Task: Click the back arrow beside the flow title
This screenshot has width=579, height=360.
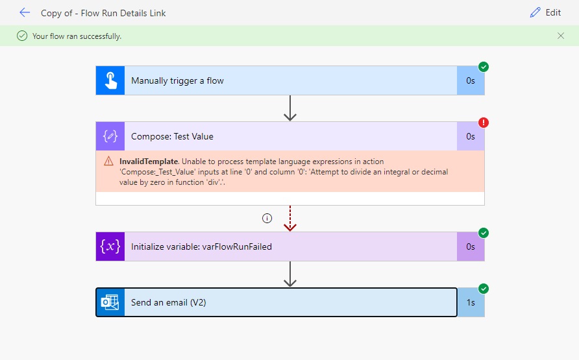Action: coord(25,12)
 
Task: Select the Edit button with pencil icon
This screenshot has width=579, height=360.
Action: coord(545,12)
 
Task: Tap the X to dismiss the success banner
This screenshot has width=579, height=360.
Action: coord(561,36)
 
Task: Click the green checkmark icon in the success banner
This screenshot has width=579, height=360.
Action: coord(22,36)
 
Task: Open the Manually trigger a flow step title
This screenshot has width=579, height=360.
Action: coord(177,81)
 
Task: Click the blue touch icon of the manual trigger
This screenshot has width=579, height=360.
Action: coord(110,81)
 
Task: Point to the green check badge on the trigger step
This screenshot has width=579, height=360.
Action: coord(483,67)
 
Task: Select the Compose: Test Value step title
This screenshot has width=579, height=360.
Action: coord(172,136)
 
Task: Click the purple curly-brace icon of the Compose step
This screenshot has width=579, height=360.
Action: coord(110,136)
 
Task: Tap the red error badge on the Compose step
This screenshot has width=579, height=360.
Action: coord(483,122)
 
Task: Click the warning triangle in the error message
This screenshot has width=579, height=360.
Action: coord(108,162)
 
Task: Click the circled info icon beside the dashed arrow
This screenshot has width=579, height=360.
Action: coord(267,219)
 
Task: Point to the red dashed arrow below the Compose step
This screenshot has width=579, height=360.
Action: coord(290,218)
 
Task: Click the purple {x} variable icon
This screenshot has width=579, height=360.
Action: coord(110,246)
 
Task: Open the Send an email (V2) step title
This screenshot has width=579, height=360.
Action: coord(168,302)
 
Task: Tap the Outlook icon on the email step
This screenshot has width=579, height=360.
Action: coord(110,302)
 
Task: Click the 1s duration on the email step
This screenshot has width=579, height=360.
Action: coord(471,302)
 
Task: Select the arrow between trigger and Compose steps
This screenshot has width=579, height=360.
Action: coord(290,108)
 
